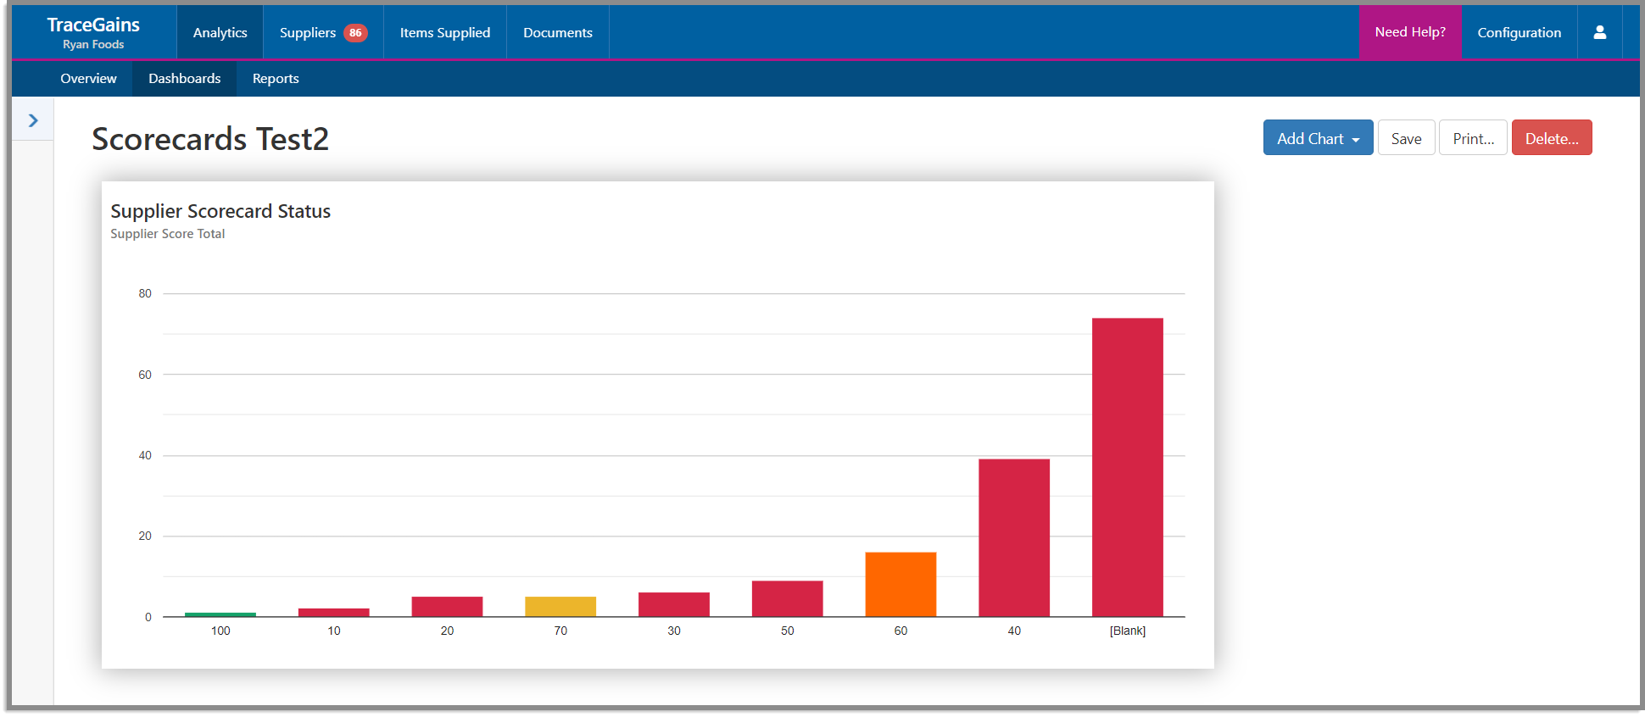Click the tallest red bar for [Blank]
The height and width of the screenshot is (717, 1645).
click(x=1127, y=467)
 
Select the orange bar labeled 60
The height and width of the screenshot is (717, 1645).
click(x=901, y=584)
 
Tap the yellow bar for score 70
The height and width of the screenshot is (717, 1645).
click(x=560, y=606)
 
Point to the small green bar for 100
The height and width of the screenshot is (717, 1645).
click(x=220, y=614)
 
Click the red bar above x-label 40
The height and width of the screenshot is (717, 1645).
click(x=1014, y=537)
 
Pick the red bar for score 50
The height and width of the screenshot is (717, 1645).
click(x=787, y=598)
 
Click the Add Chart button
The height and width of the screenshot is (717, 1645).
click(x=1318, y=138)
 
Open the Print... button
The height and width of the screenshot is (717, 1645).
click(x=1473, y=138)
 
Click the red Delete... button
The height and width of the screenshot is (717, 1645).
click(x=1551, y=138)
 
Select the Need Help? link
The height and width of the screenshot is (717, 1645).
click(x=1410, y=32)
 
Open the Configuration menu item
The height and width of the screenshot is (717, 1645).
click(x=1519, y=32)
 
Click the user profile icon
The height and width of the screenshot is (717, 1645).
click(x=1600, y=32)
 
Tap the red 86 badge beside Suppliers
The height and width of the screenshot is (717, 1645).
click(x=355, y=33)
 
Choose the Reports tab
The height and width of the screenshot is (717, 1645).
click(x=276, y=79)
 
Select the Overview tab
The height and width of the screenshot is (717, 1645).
click(x=88, y=79)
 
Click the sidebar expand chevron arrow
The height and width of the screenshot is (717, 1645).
click(x=33, y=120)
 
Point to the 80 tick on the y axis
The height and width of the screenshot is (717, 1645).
click(x=145, y=294)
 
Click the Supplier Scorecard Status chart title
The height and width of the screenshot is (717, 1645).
click(x=220, y=211)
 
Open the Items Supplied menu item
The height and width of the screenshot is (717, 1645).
click(x=445, y=32)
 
